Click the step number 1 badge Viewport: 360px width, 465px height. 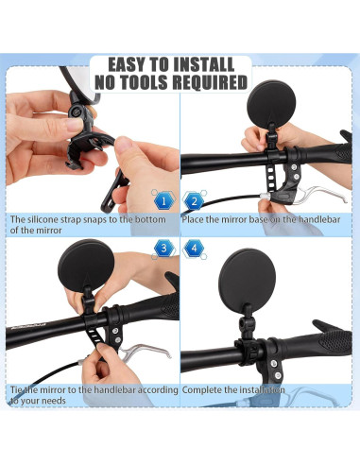tap(163, 200)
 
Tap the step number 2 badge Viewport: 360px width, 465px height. tap(195, 200)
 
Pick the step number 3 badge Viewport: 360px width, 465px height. tap(163, 250)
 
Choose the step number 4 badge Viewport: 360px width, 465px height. tap(195, 250)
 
